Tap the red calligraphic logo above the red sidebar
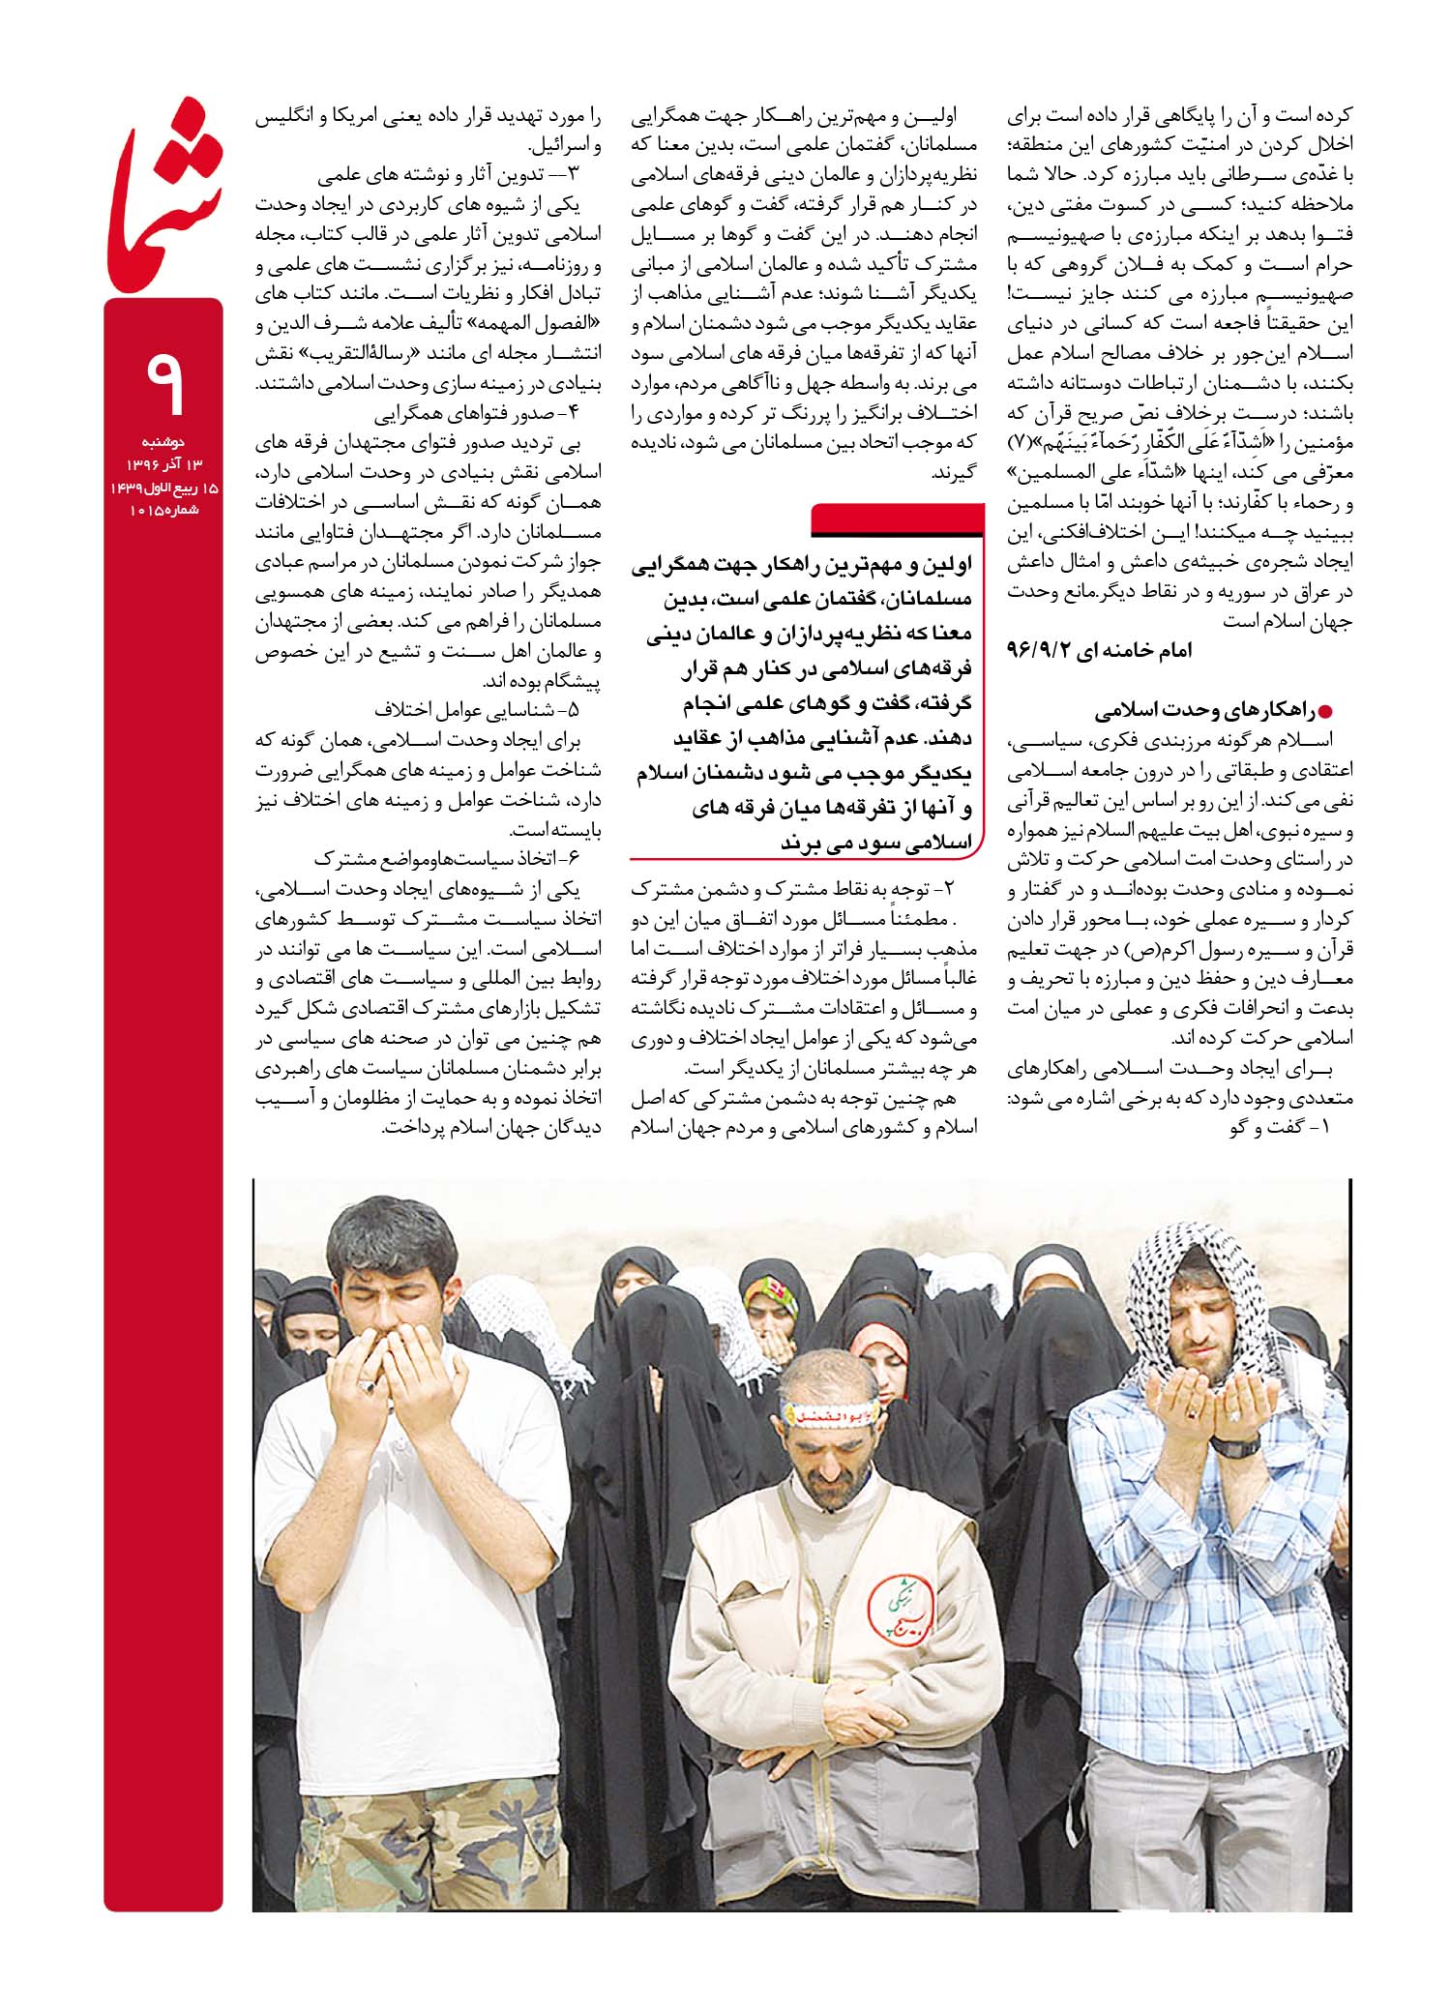click(164, 193)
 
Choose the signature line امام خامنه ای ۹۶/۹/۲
click(1100, 650)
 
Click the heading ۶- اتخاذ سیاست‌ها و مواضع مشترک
click(445, 859)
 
